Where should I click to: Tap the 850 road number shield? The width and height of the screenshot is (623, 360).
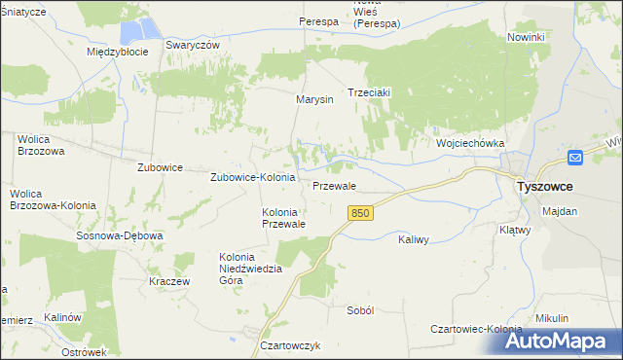[x=361, y=213]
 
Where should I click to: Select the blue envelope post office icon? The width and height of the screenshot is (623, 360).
[x=575, y=157]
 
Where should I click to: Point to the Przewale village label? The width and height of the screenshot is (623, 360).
[x=334, y=185]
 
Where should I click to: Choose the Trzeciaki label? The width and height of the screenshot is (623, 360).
[x=369, y=93]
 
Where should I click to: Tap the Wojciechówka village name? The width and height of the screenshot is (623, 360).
[x=470, y=143]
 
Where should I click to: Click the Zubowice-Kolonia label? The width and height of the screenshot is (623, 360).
[x=253, y=178]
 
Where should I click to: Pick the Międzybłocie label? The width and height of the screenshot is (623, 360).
[x=117, y=52]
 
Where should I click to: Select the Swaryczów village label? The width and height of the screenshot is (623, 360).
[x=193, y=45]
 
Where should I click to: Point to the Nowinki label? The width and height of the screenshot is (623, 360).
[x=526, y=37]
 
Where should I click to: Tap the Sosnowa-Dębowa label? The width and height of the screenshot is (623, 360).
[x=120, y=235]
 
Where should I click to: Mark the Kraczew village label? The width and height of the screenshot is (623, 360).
[x=168, y=280]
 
